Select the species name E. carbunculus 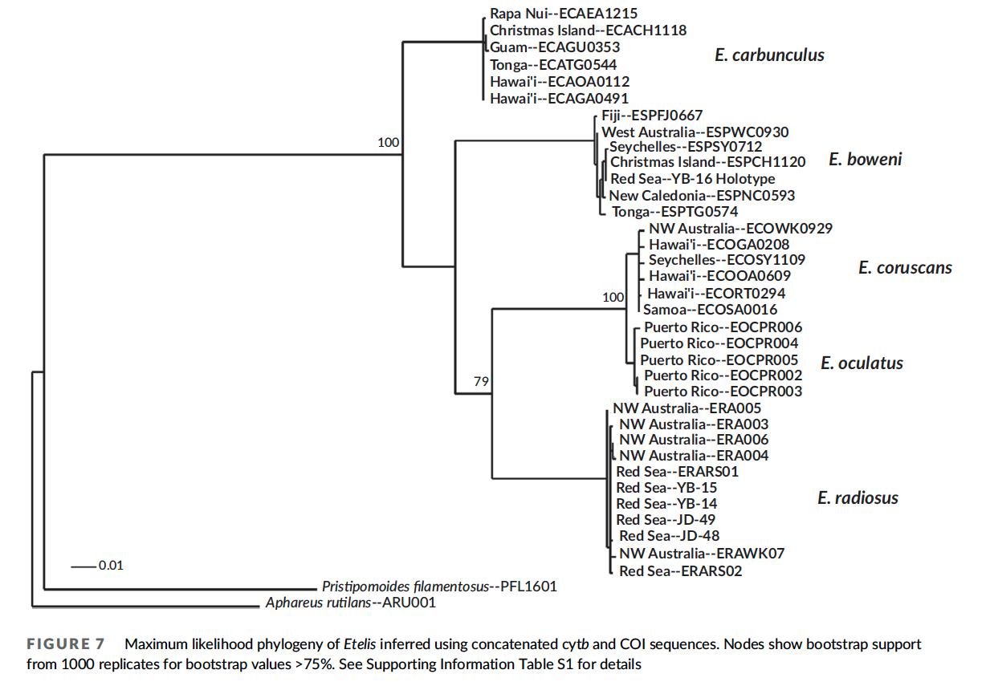[x=769, y=55]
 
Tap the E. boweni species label [x=865, y=159]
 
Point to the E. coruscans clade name [x=905, y=267]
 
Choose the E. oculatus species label [x=862, y=363]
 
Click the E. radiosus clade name [x=858, y=497]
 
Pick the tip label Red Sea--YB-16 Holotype [x=692, y=178]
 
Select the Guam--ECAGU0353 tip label [x=555, y=47]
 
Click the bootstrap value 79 [x=481, y=382]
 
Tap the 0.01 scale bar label [x=111, y=566]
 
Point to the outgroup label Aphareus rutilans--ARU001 [x=350, y=602]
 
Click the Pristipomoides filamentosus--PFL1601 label [x=438, y=587]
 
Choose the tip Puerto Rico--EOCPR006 [x=722, y=327]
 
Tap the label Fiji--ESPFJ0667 [x=651, y=116]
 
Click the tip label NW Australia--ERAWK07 [x=702, y=553]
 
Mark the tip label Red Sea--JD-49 [x=666, y=520]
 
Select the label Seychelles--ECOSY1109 [x=727, y=260]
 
